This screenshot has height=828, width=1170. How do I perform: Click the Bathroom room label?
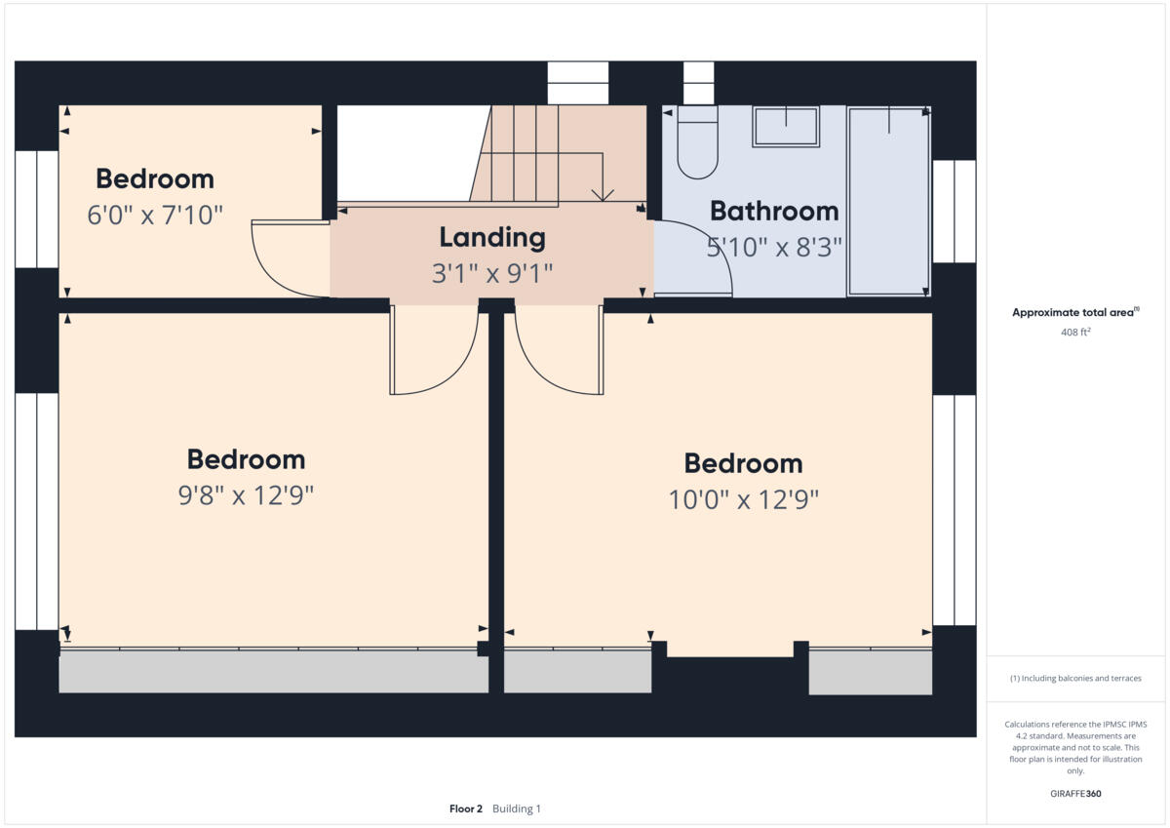[773, 211]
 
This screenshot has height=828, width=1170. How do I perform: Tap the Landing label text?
[491, 237]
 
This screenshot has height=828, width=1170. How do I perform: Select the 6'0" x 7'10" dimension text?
[156, 216]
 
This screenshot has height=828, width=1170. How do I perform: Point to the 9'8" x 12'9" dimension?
[246, 496]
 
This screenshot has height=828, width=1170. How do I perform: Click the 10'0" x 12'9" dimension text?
[743, 500]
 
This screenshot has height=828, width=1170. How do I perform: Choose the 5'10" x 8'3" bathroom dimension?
[773, 247]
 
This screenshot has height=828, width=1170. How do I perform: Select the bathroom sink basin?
[785, 127]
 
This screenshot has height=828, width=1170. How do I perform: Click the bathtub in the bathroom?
[888, 200]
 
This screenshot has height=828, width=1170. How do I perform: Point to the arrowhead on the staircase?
[603, 194]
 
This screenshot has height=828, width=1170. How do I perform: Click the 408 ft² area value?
[1074, 333]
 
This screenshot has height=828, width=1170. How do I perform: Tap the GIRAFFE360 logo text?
[1074, 794]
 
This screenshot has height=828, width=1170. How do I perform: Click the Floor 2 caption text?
[466, 808]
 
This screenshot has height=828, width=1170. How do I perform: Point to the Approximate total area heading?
[1074, 313]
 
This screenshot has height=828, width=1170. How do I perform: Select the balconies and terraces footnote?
[1074, 679]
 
